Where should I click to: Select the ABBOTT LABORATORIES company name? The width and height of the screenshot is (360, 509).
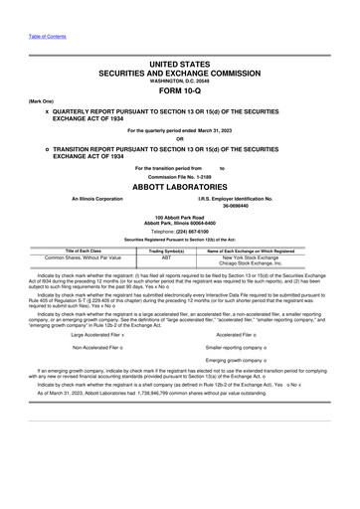(179, 186)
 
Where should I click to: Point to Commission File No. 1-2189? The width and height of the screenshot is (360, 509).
(179, 177)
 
